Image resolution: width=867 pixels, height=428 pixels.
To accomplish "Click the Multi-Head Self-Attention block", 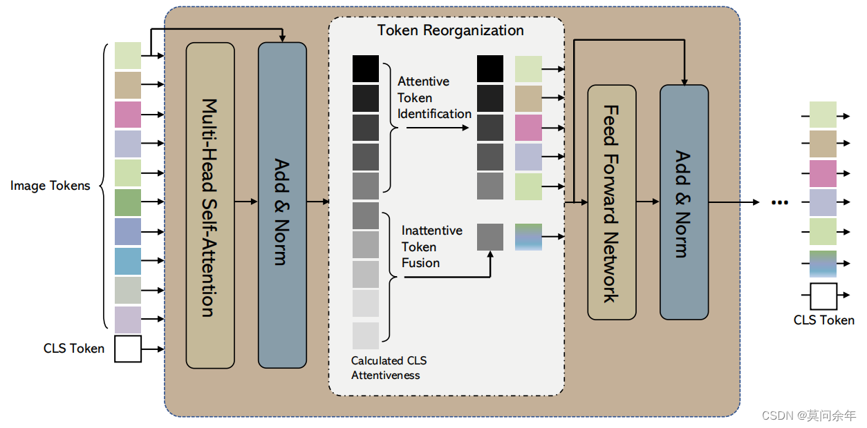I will point(210,205).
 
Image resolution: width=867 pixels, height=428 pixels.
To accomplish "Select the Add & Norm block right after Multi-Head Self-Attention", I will point(282,205).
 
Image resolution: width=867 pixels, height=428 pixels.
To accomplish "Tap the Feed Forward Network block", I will point(611,202).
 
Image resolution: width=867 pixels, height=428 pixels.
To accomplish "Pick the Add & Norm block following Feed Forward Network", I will point(684,202).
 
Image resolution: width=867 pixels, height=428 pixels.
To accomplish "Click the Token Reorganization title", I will point(450,30).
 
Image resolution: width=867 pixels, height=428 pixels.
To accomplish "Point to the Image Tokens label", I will point(50,186).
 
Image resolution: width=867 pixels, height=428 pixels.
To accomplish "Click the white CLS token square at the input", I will point(128,349).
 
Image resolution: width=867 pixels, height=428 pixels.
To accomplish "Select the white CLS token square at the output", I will point(823,295).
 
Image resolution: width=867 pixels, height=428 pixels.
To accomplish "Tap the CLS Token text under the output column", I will point(823,320).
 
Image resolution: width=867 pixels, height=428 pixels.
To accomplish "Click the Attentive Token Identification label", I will point(433,97).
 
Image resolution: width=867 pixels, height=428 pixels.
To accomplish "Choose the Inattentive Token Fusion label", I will point(431,246).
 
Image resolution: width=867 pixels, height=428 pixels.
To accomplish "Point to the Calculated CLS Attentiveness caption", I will point(389,368).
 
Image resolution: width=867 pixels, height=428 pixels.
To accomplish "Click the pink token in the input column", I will point(128,115).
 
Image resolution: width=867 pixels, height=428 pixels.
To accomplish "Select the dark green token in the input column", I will point(128,202).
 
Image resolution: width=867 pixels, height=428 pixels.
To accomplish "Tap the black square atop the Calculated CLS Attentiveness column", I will point(366,69).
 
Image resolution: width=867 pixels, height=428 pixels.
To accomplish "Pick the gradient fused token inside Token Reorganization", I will point(528,237).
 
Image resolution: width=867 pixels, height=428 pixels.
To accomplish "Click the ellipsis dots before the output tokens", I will point(780,202).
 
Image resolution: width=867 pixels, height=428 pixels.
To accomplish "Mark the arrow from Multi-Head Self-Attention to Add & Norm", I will point(246,202).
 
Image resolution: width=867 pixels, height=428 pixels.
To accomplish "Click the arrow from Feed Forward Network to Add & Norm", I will point(648,202).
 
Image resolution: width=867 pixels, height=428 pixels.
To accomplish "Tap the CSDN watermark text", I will point(808,415).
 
